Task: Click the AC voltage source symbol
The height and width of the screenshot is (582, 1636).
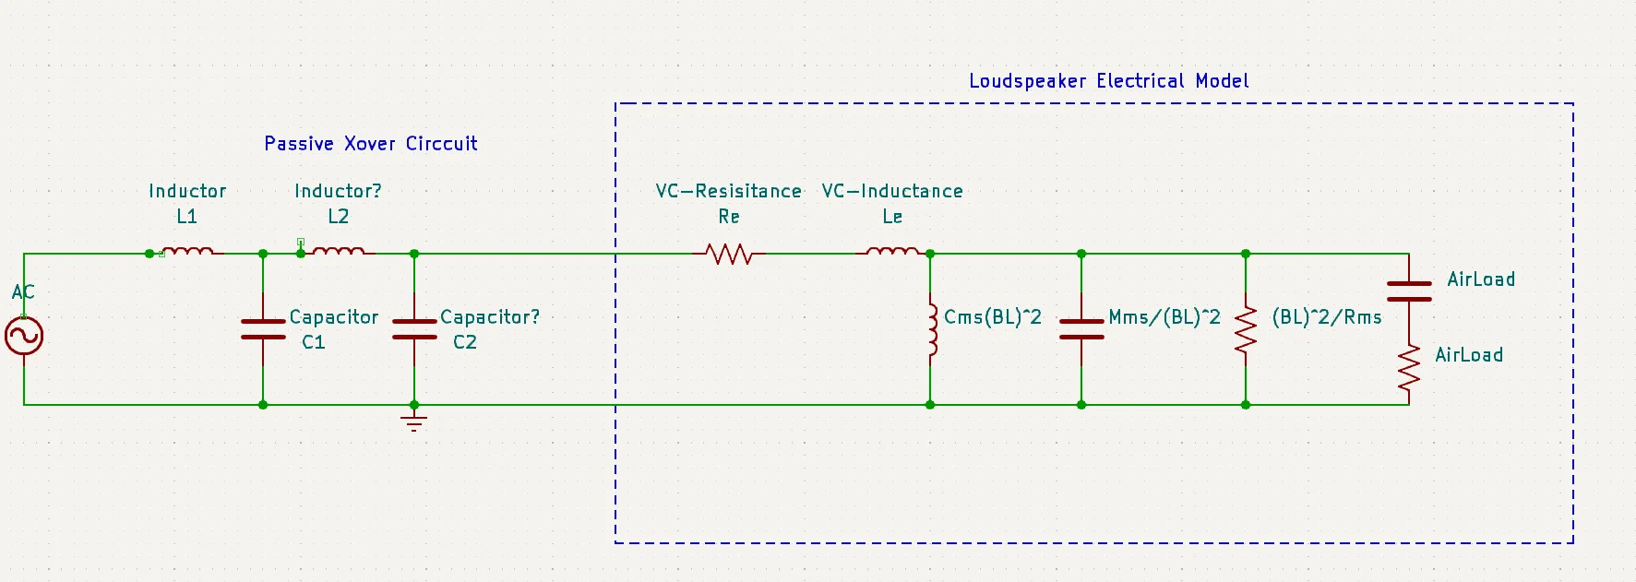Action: coord(24,336)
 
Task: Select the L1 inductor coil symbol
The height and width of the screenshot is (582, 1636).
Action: coord(187,251)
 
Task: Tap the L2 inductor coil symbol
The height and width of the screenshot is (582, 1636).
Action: coord(339,251)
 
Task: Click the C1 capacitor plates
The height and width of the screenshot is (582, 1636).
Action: coord(263,329)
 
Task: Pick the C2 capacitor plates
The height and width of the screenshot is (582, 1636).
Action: coord(414,329)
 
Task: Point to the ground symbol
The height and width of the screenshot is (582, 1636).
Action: coord(414,423)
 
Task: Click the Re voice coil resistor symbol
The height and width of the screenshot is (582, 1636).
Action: coord(729,254)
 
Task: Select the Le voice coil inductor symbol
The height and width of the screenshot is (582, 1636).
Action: coord(892,251)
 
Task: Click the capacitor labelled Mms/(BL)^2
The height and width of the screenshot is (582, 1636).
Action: coord(1081,329)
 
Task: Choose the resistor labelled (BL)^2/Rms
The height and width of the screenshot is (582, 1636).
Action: coord(1246,329)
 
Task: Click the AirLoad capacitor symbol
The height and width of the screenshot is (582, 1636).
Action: coord(1409,291)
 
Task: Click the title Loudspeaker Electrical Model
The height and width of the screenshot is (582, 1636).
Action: coord(1108,81)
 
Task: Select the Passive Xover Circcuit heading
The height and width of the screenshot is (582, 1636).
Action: coord(371,144)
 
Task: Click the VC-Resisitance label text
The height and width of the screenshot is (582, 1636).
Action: coord(729,191)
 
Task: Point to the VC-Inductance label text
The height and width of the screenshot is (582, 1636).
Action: coord(892,191)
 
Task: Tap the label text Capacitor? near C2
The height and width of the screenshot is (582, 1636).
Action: coord(490,317)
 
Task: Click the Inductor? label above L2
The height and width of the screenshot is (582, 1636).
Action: coord(338,191)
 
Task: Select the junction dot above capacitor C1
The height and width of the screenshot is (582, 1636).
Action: coord(263,254)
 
